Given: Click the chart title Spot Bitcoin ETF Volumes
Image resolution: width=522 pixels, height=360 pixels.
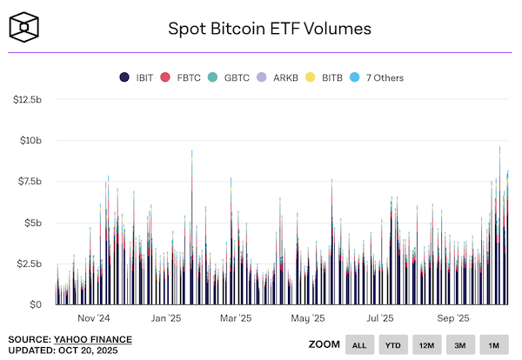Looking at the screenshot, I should (x=269, y=29).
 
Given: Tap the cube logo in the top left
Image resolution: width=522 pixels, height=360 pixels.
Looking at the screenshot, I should (x=26, y=27).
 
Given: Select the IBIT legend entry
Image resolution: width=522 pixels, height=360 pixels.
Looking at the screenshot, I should (x=139, y=77).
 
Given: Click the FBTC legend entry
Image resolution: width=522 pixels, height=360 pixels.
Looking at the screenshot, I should (x=184, y=77).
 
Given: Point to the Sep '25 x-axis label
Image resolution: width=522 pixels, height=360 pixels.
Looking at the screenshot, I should (x=452, y=318).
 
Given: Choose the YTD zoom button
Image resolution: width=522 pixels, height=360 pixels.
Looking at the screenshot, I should (x=392, y=345).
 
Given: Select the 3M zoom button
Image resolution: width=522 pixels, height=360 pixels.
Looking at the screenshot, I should (x=460, y=345).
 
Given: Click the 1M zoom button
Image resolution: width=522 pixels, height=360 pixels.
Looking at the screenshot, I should (x=493, y=345).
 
